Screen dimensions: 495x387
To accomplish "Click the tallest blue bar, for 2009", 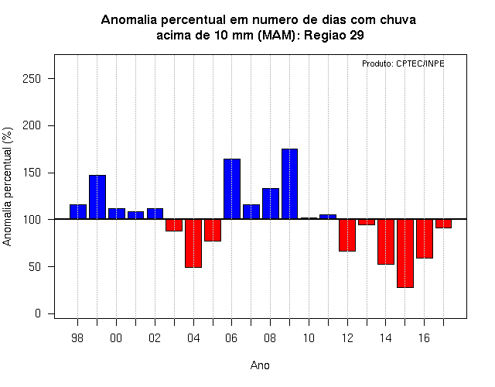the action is point(289,184).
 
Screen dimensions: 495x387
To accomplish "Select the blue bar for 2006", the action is point(232,189).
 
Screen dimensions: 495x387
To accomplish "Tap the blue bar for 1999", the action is point(97,197).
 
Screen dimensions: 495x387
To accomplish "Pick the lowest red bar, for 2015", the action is point(405,253).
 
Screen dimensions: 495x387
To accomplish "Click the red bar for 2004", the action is point(193,243).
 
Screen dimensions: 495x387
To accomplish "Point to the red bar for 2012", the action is point(347,235).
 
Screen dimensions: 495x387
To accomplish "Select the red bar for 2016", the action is point(425,238).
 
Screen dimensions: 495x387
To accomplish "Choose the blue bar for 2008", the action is point(271,204).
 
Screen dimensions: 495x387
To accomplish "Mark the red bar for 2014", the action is point(386,241).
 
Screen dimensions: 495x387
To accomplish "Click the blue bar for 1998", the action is point(78,211).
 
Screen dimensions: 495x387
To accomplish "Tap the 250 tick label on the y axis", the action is point(32,79).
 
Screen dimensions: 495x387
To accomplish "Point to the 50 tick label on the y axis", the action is point(35,266).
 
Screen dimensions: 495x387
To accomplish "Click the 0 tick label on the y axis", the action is point(38,313).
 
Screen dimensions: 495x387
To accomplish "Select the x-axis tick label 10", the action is point(309,338).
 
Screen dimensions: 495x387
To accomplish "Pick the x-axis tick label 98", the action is point(77,338).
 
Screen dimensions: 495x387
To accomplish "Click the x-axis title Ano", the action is point(260,365).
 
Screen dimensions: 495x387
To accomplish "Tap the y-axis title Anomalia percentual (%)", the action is point(7,187).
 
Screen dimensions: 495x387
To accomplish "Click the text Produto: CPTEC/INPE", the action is point(403,63).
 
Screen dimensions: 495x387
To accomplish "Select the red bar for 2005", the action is point(213,230).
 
